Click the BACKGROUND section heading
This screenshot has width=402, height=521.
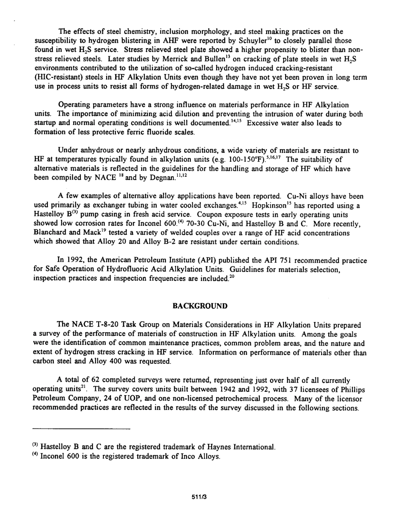(x=200, y=306)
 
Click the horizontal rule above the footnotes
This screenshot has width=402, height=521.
(x=82, y=429)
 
